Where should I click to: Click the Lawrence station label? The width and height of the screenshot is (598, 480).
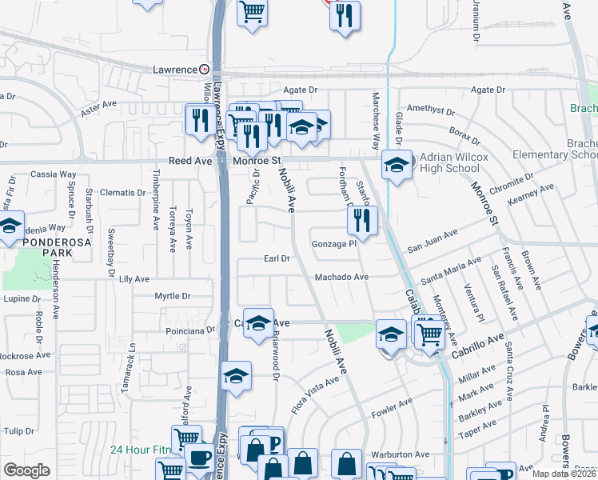175,70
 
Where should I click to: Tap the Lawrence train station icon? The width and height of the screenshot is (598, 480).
205,70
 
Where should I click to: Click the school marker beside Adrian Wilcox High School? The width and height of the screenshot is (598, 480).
396,166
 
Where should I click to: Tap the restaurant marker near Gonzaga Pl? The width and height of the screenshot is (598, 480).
363,221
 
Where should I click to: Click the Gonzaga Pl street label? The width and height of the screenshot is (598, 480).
333,244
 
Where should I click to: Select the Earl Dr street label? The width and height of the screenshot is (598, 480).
276,258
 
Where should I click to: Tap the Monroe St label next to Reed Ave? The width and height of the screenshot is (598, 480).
257,161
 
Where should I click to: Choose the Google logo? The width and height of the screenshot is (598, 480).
26,470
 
